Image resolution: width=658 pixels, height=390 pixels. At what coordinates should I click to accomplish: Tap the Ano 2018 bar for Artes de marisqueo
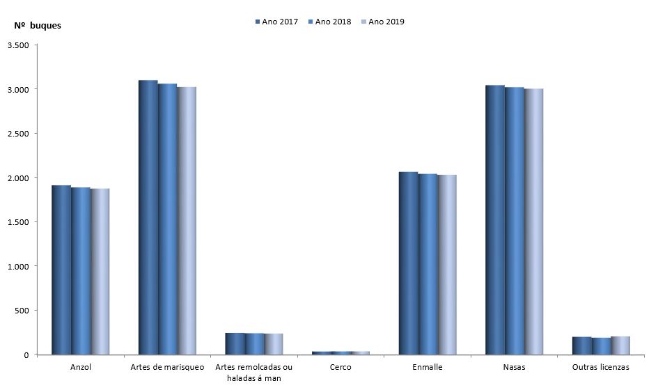pos(168,219)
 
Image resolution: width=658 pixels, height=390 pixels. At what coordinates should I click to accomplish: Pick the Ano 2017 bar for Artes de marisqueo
pos(148,217)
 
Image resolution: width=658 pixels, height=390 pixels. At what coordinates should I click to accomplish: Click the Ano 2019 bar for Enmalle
pos(447,265)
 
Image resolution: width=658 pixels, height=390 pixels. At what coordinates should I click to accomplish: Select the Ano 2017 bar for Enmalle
pos(408,263)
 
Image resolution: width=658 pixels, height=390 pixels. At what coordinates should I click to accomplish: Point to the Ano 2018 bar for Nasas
pos(515,221)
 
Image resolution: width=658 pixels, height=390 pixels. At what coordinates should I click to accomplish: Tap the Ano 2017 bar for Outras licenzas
pos(582,346)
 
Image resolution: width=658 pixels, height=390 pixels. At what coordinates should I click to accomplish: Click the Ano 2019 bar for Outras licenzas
pos(620,345)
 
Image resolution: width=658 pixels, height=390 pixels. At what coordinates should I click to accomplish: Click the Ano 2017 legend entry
pos(276,22)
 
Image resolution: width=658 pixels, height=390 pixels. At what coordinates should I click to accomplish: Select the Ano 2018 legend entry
pos(329,22)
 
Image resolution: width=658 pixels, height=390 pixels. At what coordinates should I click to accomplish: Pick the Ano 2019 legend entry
pos(382,22)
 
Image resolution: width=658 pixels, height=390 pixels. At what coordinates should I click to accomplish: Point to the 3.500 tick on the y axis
pos(18,45)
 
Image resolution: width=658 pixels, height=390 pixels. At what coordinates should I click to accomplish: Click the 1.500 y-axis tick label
pos(18,222)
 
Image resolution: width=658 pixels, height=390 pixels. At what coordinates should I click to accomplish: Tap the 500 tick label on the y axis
pos(22,311)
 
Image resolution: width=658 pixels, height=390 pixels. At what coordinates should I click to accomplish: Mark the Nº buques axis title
pos(38,26)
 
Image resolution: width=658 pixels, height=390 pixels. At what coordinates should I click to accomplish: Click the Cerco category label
pos(340,367)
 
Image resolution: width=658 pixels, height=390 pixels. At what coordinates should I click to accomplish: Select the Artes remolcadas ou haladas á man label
pos(254,372)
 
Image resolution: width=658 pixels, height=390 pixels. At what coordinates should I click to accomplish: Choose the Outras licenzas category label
pos(600,367)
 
